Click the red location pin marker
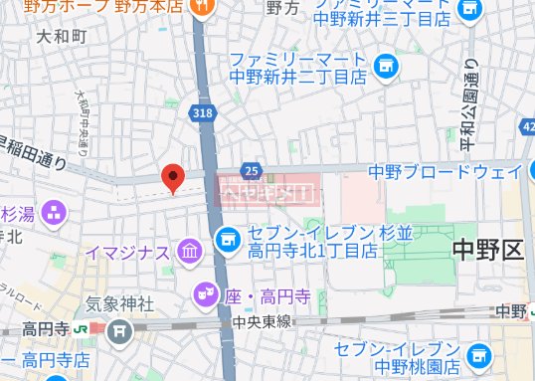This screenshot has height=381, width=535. point(174,177)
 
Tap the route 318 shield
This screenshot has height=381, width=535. point(204,115)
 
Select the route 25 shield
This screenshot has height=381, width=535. point(252,171)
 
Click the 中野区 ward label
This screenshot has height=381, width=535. point(486,249)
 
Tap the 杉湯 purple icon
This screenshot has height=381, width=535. point(54,211)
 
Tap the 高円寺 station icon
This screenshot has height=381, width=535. point(95,327)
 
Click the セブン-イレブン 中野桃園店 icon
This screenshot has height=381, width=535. point(480,354)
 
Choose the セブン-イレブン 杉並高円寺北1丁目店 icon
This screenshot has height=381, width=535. point(227,238)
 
